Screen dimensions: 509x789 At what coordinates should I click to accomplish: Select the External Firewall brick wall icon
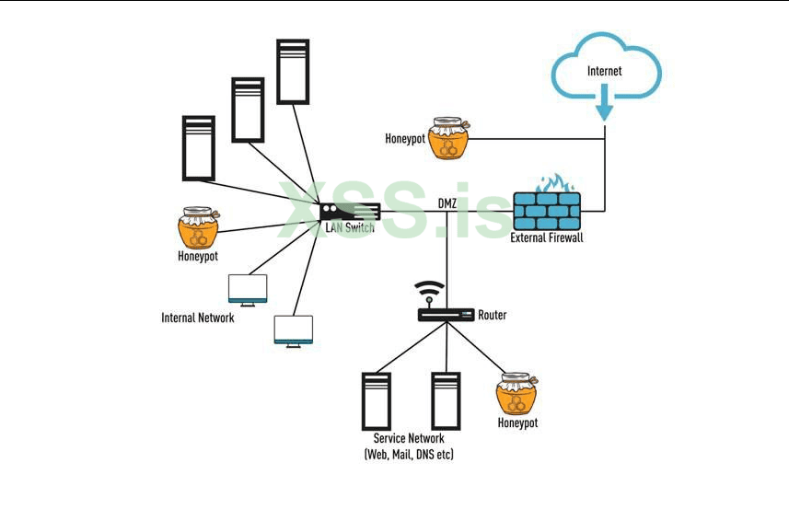pos(547,210)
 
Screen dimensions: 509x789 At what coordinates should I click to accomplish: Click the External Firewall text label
pos(547,237)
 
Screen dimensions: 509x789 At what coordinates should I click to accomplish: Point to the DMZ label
pos(448,203)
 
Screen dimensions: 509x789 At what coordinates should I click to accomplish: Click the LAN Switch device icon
pos(349,213)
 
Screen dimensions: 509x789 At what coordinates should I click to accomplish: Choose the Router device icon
pos(446,315)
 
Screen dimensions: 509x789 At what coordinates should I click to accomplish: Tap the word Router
pos(492,315)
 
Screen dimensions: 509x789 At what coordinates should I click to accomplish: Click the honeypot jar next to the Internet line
pos(448,138)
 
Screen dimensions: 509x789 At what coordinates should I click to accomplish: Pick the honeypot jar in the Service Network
pos(516,394)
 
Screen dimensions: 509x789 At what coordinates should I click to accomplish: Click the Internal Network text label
pos(198,318)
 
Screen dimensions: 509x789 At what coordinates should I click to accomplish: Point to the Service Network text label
pos(409,439)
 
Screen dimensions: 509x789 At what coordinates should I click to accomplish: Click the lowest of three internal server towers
pos(198,148)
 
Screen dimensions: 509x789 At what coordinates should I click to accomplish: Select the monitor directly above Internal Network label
pos(248,289)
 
